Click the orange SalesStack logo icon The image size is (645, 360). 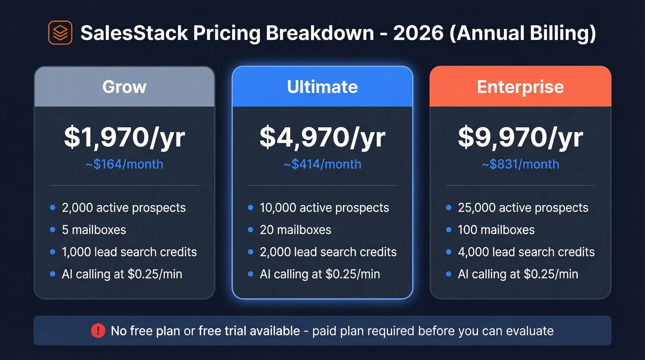(x=60, y=33)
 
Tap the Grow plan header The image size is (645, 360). (x=124, y=87)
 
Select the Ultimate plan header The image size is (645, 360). (x=322, y=87)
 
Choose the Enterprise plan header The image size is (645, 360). (x=520, y=87)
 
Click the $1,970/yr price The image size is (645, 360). (x=124, y=137)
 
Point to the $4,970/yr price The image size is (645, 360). (x=322, y=137)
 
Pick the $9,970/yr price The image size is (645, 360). (x=520, y=137)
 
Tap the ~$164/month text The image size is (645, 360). (x=124, y=164)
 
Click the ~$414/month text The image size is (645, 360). (x=322, y=164)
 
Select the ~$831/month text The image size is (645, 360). (x=520, y=164)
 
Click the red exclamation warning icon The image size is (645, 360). (x=98, y=330)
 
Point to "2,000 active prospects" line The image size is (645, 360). (x=123, y=208)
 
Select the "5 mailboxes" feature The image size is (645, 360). (x=94, y=230)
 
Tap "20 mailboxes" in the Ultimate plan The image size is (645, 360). (x=295, y=230)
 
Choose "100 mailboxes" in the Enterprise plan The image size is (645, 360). (x=496, y=230)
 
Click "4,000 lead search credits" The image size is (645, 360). (x=526, y=252)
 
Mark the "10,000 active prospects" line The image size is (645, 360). (x=324, y=208)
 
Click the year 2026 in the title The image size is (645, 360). (x=419, y=33)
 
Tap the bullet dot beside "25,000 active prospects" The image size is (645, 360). (x=449, y=208)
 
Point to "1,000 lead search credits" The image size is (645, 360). (x=129, y=252)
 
